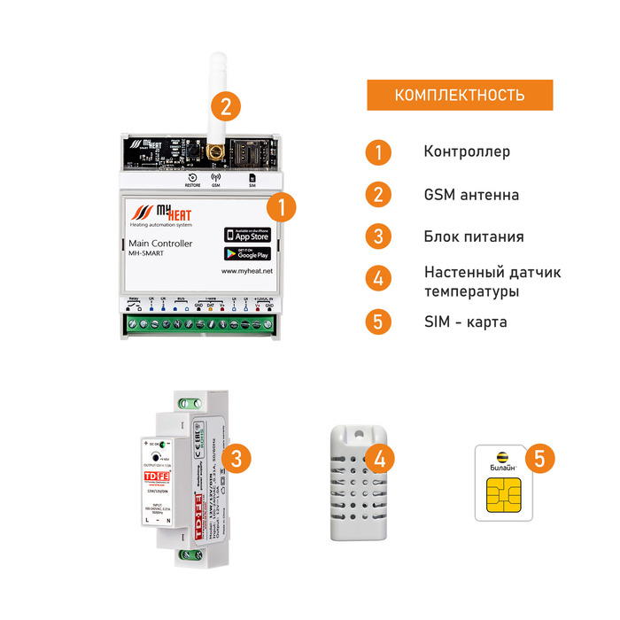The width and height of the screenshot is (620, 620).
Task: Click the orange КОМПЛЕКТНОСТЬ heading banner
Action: pyautogui.click(x=460, y=95)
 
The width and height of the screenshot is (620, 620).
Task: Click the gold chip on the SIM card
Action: pyautogui.click(x=503, y=497)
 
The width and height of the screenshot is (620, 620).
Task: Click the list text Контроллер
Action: pyautogui.click(x=467, y=151)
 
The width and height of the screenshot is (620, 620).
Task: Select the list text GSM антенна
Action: pyautogui.click(x=471, y=194)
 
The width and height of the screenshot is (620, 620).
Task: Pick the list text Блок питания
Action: pyautogui.click(x=473, y=236)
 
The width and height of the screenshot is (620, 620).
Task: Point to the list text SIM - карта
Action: pyautogui.click(x=465, y=322)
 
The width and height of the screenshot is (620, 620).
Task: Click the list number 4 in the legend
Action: pyautogui.click(x=378, y=279)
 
